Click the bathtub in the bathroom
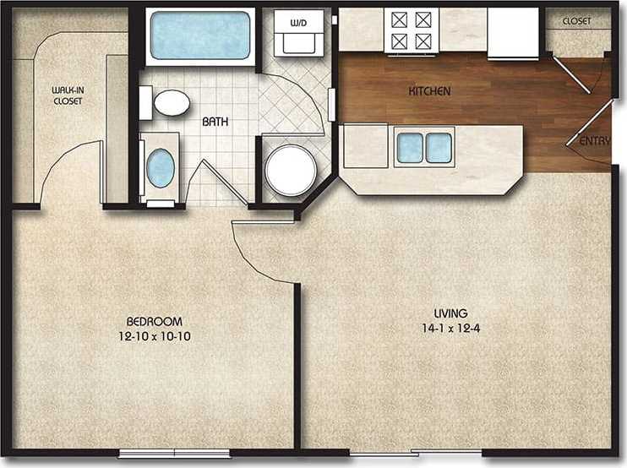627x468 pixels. [x=200, y=35]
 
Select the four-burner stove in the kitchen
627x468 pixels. [x=411, y=30]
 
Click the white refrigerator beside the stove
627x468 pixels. [x=512, y=34]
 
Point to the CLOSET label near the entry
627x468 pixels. [x=576, y=21]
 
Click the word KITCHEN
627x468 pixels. [x=429, y=91]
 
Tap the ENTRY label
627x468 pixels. [x=594, y=141]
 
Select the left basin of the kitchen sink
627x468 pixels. [x=410, y=148]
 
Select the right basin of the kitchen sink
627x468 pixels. [x=439, y=148]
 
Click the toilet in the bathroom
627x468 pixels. [x=167, y=103]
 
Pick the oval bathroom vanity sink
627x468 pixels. [x=161, y=167]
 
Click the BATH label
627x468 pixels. [x=213, y=122]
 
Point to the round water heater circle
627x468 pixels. [x=291, y=170]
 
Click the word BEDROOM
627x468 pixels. [x=154, y=322]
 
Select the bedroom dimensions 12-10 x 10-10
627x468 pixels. [x=154, y=335]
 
